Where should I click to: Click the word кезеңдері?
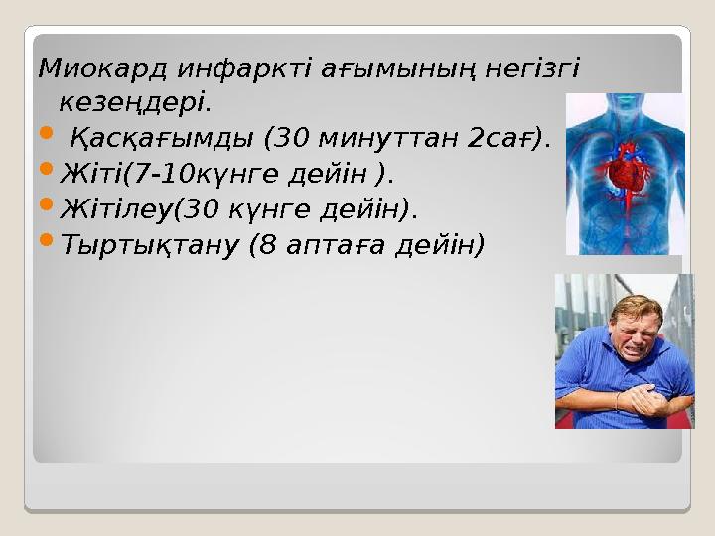point(135,102)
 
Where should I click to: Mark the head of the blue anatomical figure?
point(627,105)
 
